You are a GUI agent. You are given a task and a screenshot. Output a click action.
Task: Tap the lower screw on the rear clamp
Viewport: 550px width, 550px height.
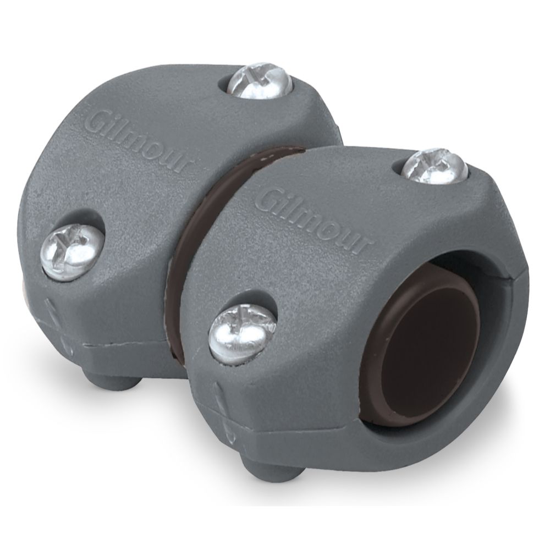pos(72,251)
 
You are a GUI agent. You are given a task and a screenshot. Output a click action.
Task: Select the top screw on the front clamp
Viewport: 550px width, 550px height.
pos(434,166)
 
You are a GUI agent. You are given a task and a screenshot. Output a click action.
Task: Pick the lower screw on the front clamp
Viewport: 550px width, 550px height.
pos(242,333)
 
